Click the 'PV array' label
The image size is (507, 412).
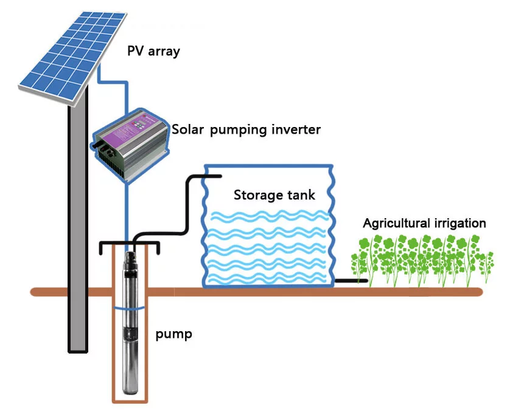pyautogui.click(x=153, y=51)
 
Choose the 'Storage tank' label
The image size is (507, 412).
pyautogui.click(x=274, y=195)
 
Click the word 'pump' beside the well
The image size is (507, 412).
pyautogui.click(x=173, y=334)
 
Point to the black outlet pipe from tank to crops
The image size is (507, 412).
pyautogui.click(x=350, y=281)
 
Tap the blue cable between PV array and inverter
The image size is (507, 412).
pyautogui.click(x=128, y=85)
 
